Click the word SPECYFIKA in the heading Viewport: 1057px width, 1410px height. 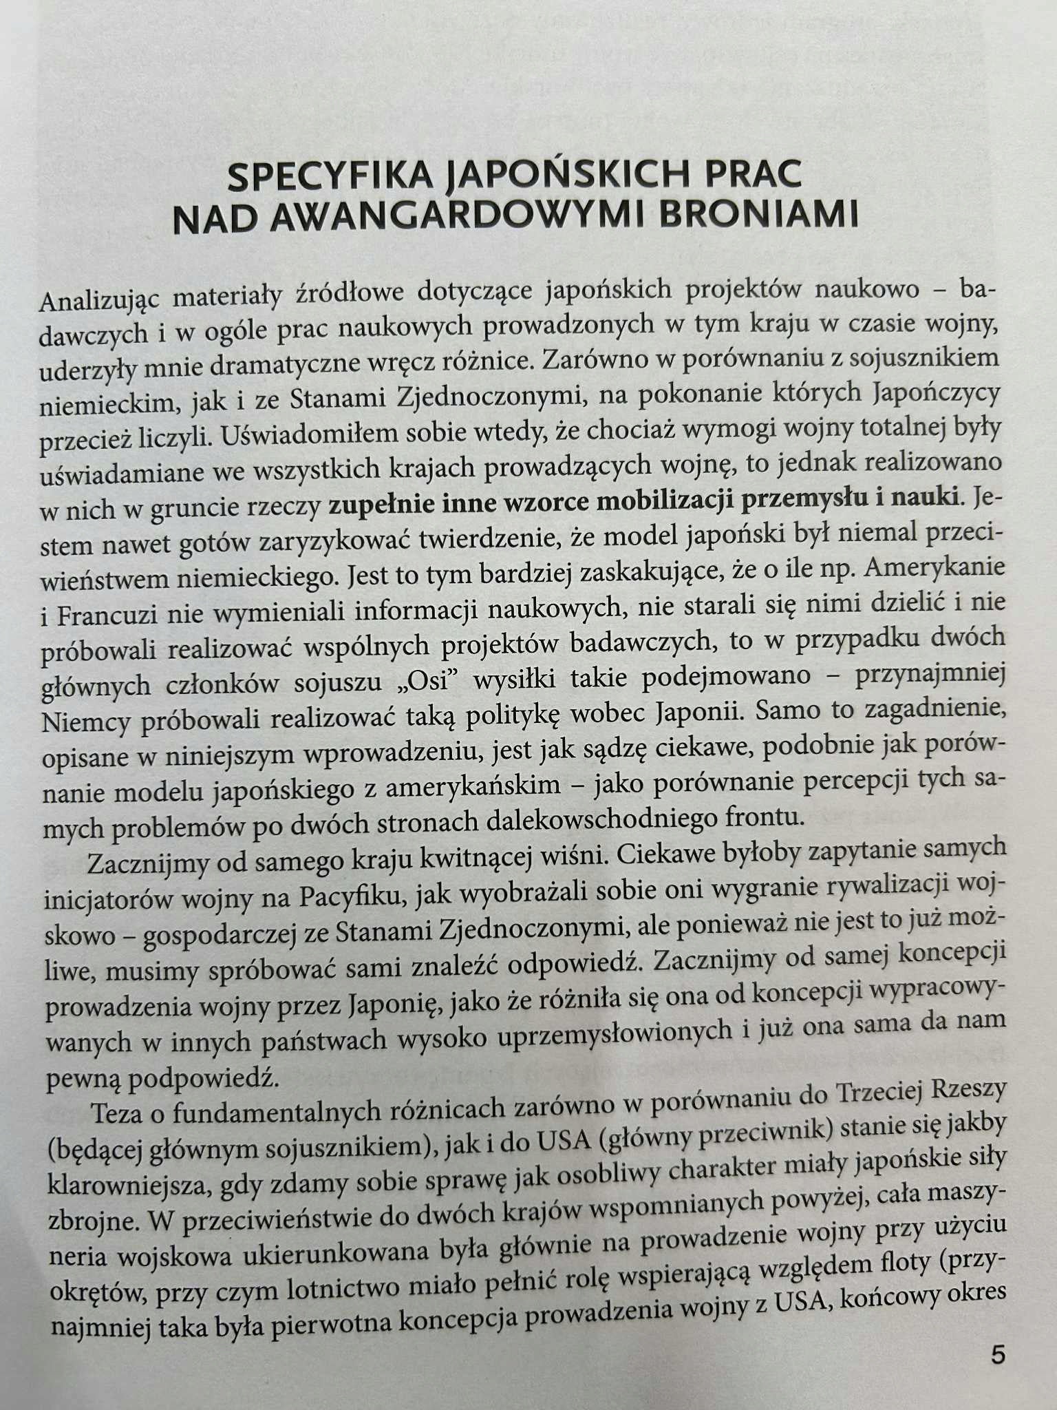pos(330,178)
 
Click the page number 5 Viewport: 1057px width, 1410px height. pos(998,1355)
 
